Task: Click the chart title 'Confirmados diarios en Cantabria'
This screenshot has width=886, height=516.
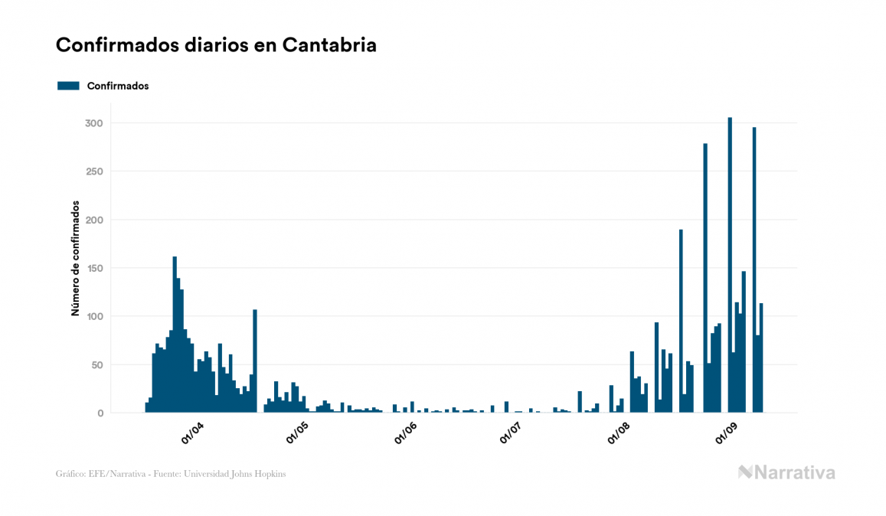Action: (x=216, y=45)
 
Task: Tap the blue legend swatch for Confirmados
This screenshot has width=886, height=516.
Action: (x=68, y=86)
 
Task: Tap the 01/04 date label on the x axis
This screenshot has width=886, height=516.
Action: (x=192, y=433)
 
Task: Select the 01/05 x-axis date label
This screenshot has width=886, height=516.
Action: (x=297, y=433)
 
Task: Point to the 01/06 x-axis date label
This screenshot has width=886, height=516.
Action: (x=406, y=433)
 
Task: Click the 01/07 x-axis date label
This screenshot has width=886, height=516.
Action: (x=511, y=433)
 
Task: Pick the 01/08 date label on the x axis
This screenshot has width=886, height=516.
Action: (x=619, y=433)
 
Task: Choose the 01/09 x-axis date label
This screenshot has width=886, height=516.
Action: (x=727, y=433)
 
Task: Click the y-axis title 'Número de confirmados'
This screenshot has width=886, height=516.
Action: (x=75, y=259)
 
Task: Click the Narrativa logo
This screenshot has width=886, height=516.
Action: (x=786, y=472)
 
